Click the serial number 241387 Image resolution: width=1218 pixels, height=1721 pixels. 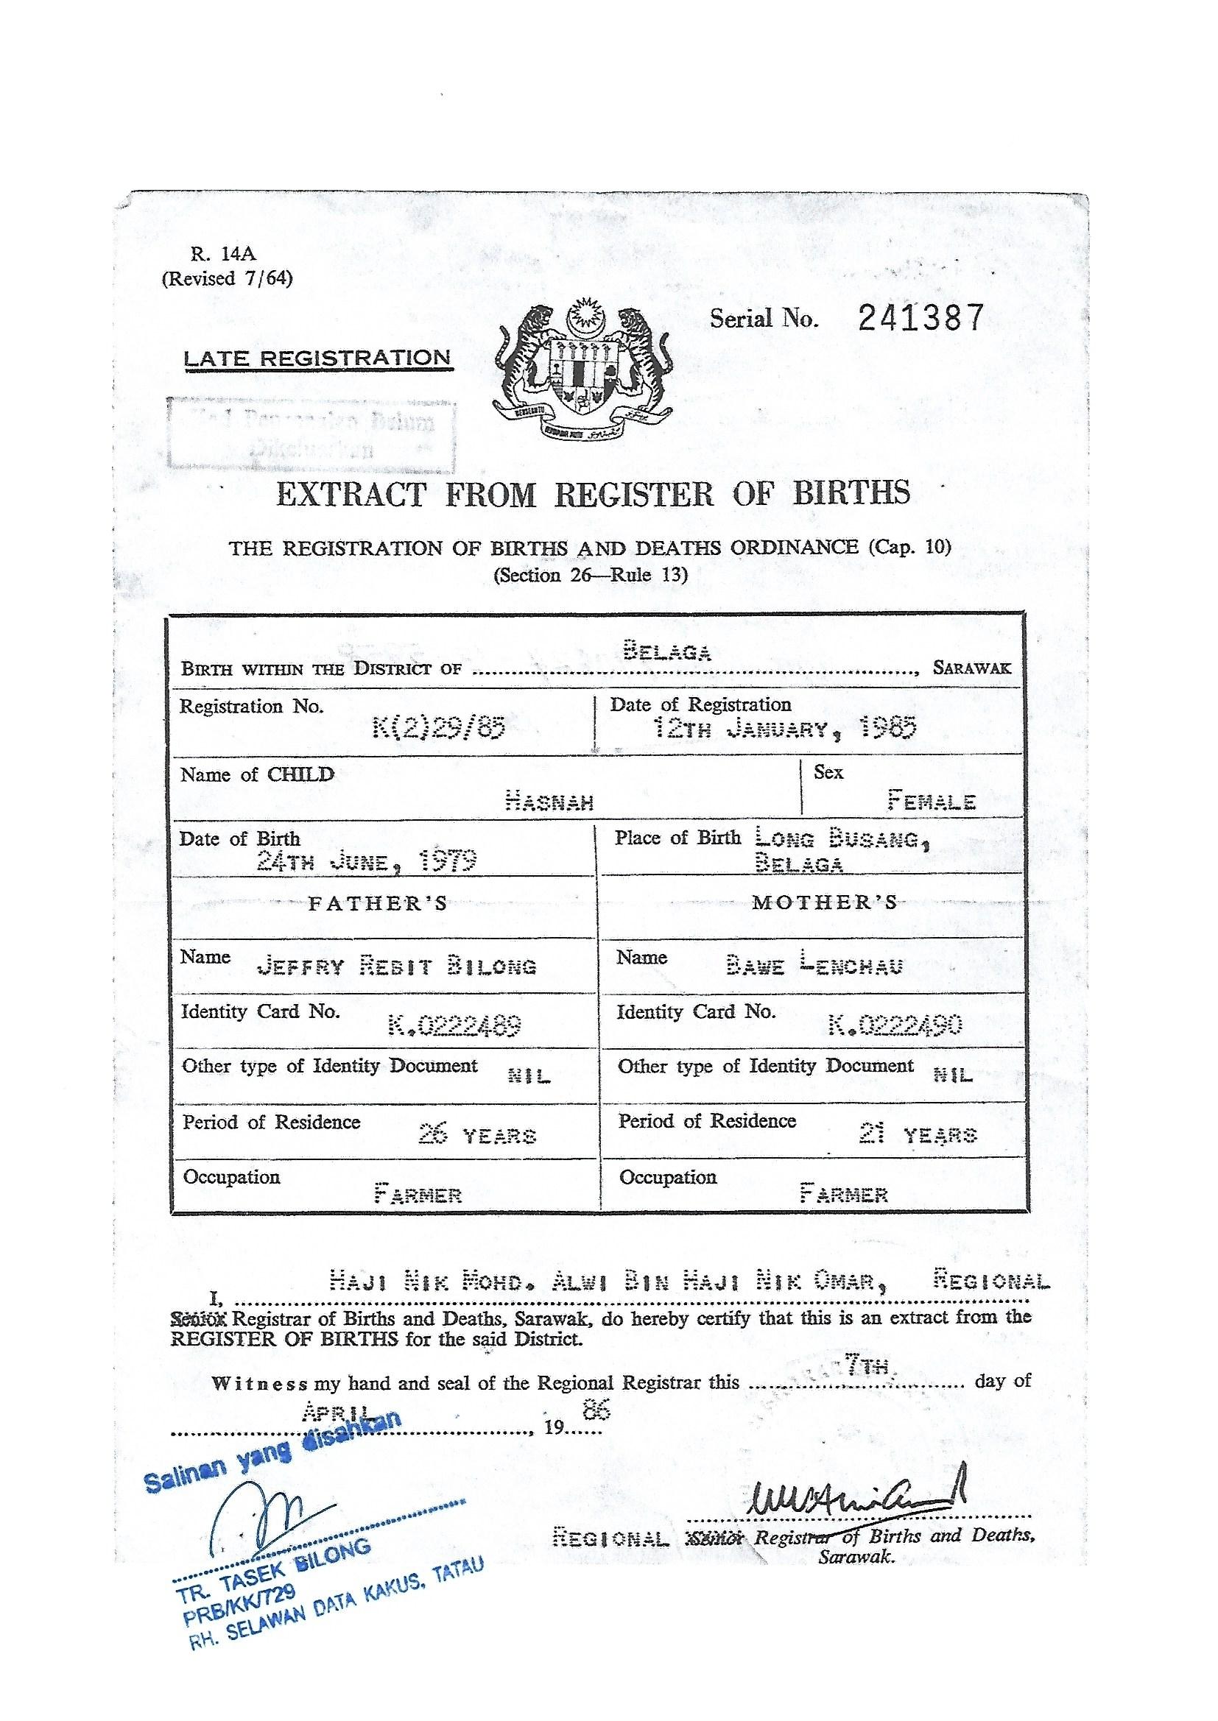(x=920, y=319)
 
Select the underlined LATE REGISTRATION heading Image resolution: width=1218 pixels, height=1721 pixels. (x=317, y=358)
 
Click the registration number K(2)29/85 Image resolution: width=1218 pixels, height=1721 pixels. (x=439, y=727)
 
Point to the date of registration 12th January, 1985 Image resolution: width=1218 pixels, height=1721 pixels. (x=784, y=728)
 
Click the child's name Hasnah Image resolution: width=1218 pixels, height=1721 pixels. (x=550, y=803)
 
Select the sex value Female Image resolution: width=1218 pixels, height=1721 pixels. (x=932, y=802)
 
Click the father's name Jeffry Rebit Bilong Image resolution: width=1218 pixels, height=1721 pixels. (x=396, y=966)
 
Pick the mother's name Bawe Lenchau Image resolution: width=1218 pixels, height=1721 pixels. (x=814, y=966)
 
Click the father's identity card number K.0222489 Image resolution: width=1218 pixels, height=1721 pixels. (x=454, y=1025)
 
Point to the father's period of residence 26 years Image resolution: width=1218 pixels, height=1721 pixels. (x=477, y=1135)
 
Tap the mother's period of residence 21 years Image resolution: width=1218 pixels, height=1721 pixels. (x=918, y=1134)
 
